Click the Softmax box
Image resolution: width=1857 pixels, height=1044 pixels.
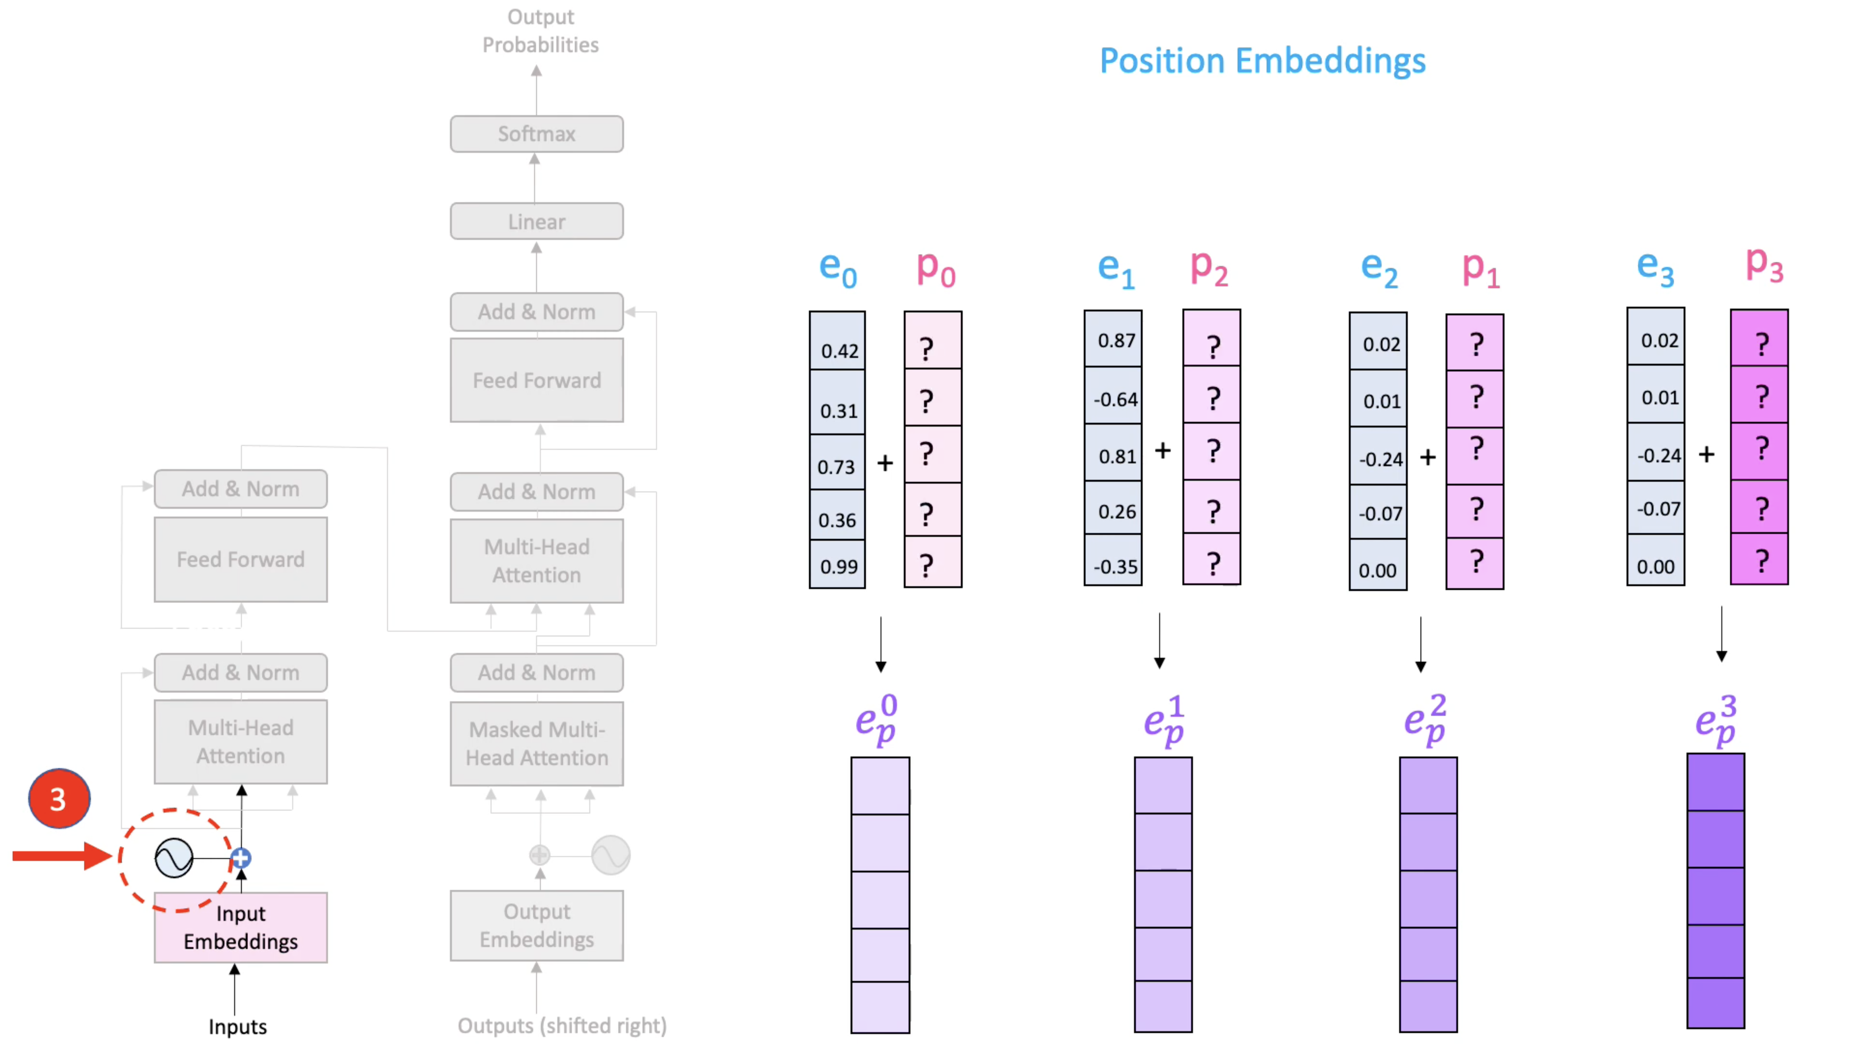point(536,134)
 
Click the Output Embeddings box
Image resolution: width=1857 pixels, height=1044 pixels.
point(536,926)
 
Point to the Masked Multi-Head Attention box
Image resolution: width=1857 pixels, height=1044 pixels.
point(536,743)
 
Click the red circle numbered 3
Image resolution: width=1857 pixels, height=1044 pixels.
point(59,798)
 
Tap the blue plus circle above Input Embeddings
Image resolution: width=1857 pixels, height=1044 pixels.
point(241,858)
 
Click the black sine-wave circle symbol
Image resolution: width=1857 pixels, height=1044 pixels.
point(174,858)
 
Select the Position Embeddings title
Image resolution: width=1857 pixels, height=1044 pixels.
point(1262,61)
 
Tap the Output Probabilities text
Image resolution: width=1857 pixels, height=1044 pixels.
point(540,31)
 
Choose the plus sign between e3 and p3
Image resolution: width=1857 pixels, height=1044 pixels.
point(1706,455)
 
